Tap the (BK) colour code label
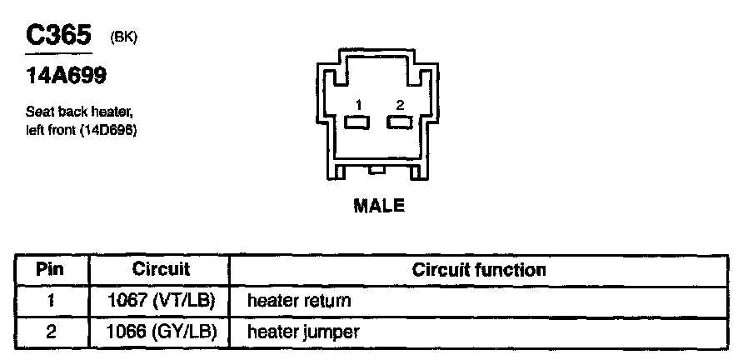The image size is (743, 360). click(123, 39)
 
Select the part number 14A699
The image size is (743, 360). click(66, 77)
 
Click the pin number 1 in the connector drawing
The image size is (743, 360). click(357, 105)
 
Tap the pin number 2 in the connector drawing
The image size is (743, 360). click(400, 105)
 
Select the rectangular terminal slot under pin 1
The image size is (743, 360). click(357, 122)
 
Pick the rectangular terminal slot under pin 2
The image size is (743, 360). click(400, 122)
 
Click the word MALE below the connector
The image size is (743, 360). click(379, 206)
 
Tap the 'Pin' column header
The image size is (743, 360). click(51, 270)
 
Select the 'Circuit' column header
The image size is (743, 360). click(161, 270)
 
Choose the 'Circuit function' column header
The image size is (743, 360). click(479, 270)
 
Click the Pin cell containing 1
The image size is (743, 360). click(51, 300)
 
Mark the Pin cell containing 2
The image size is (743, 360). click(51, 331)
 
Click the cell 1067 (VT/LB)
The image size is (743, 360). click(162, 300)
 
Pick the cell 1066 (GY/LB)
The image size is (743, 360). click(162, 331)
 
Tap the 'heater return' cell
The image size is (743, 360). click(299, 300)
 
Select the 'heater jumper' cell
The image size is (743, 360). click(303, 331)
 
